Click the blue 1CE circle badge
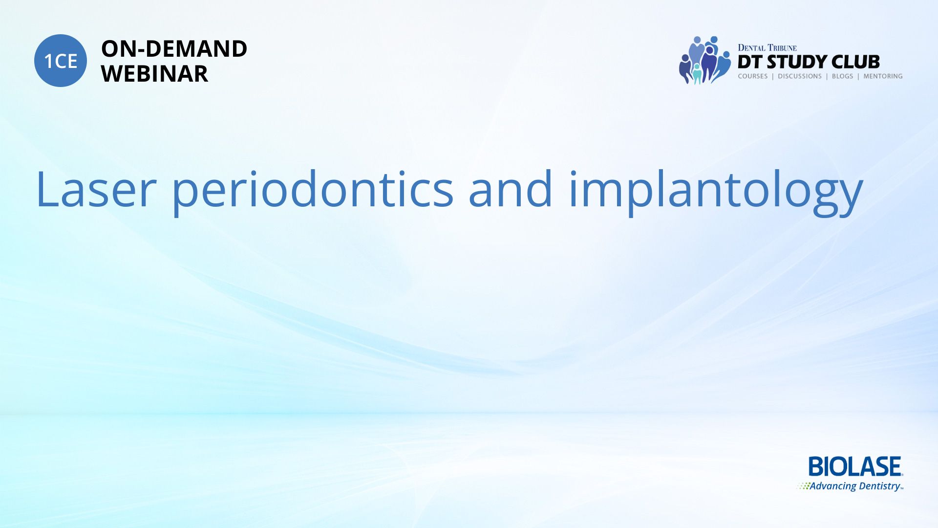click(x=61, y=61)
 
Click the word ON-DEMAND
click(x=174, y=49)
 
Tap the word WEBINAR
click(x=154, y=74)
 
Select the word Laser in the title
click(x=96, y=189)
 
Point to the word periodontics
click(x=313, y=192)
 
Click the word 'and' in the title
click(x=511, y=188)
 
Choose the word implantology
click(x=716, y=192)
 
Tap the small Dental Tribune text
click(x=767, y=48)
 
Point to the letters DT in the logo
click(x=750, y=62)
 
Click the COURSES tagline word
click(x=753, y=76)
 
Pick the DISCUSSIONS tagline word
click(x=800, y=76)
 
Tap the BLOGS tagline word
click(x=842, y=76)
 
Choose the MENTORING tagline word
click(x=883, y=76)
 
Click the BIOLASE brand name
click(x=855, y=466)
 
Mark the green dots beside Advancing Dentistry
click(x=803, y=486)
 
